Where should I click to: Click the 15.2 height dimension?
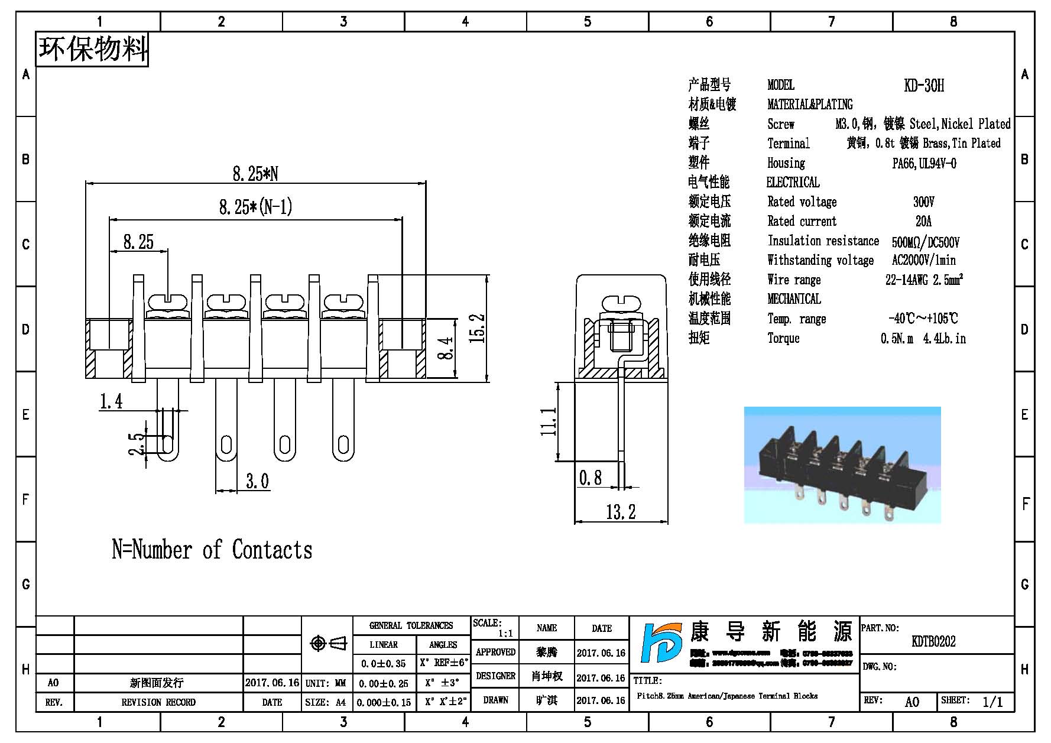479,329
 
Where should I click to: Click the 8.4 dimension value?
447,348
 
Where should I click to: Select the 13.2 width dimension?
621,511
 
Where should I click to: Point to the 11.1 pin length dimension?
548,421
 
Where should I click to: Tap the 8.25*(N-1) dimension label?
255,207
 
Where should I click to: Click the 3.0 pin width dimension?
257,481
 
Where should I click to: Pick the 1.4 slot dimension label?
111,402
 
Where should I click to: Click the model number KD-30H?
923,86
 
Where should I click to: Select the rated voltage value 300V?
923,202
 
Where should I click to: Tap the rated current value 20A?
923,222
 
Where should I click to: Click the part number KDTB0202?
933,641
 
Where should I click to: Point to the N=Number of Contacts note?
212,550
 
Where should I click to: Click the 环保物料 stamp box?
92,49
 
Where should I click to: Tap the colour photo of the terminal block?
842,465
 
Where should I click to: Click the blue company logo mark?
661,650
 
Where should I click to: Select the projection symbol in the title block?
327,643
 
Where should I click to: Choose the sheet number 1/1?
992,702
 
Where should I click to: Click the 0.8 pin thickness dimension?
591,478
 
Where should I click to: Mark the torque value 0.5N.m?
897,339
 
